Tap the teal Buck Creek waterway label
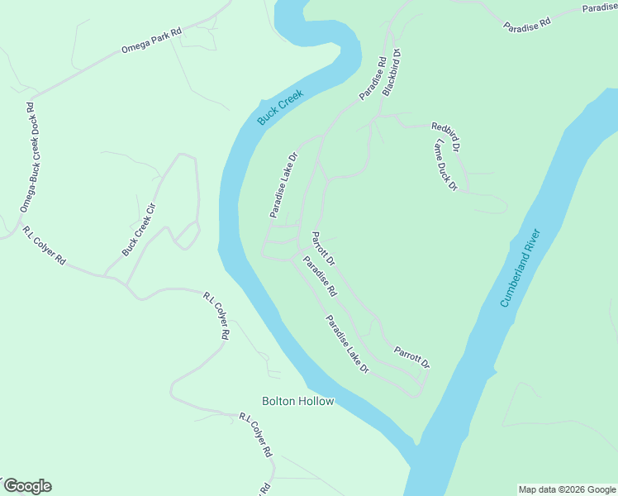coord(280,107)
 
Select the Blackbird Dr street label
coord(392,73)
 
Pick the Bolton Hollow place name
coord(298,402)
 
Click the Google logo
coord(27,486)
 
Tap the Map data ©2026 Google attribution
coord(567,489)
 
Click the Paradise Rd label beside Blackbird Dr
coord(373,79)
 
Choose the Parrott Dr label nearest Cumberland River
coord(411,357)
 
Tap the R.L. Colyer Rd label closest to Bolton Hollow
coord(255,435)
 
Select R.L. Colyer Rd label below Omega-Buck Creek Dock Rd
coord(44,246)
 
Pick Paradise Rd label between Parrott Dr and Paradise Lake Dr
coord(320,277)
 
